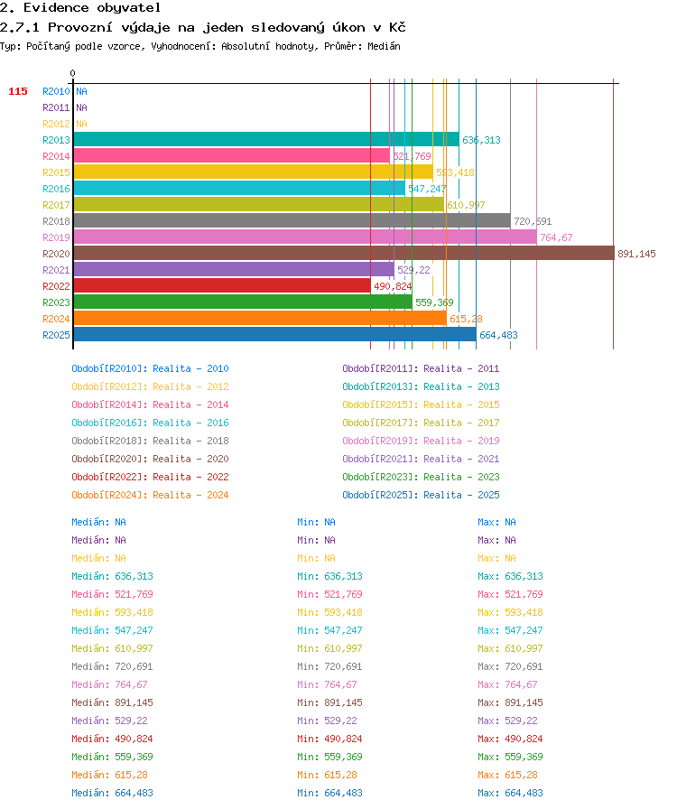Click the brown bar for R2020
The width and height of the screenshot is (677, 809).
pos(344,254)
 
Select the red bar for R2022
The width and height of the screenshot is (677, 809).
pos(222,286)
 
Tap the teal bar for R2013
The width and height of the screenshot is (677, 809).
pos(267,139)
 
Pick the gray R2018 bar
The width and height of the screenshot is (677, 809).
pos(292,221)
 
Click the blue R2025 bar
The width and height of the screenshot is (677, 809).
pos(275,334)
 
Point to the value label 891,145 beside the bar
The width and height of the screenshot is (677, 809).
pos(636,254)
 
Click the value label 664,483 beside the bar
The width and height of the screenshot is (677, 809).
pos(498,335)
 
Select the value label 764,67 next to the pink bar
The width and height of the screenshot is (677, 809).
pos(556,237)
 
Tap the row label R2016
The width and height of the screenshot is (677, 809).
pos(56,189)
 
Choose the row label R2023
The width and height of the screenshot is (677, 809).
pos(56,302)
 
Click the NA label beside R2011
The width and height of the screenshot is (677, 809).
pos(81,107)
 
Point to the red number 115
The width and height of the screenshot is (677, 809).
pos(18,91)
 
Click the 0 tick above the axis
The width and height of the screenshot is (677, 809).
pos(73,73)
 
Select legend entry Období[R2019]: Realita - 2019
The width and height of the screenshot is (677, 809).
pos(421,441)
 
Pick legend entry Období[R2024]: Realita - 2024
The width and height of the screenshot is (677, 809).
pos(150,495)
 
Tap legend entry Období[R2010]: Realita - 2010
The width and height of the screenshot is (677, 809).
pos(150,368)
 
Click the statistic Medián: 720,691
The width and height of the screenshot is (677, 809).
pos(112,666)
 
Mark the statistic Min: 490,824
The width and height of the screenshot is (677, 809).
pos(329,739)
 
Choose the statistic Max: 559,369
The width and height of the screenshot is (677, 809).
pos(510,757)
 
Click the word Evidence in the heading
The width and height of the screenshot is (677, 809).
pos(56,8)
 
